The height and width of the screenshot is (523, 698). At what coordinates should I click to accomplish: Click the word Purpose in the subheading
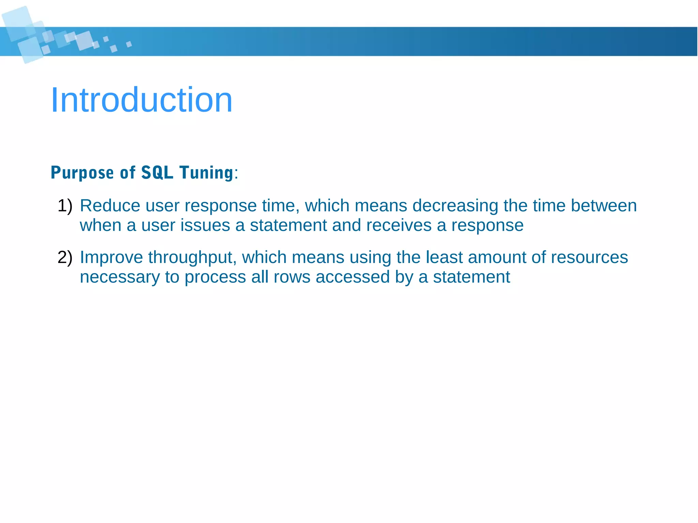(82, 173)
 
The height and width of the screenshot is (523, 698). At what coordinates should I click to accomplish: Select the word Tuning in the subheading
(206, 173)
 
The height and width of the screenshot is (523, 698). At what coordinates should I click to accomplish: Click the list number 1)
(65, 206)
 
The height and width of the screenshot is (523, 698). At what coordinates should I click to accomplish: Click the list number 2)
(65, 257)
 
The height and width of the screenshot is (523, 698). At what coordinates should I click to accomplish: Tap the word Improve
(111, 257)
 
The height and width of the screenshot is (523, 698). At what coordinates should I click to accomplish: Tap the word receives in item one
(399, 226)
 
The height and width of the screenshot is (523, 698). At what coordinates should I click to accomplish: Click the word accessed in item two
(352, 277)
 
